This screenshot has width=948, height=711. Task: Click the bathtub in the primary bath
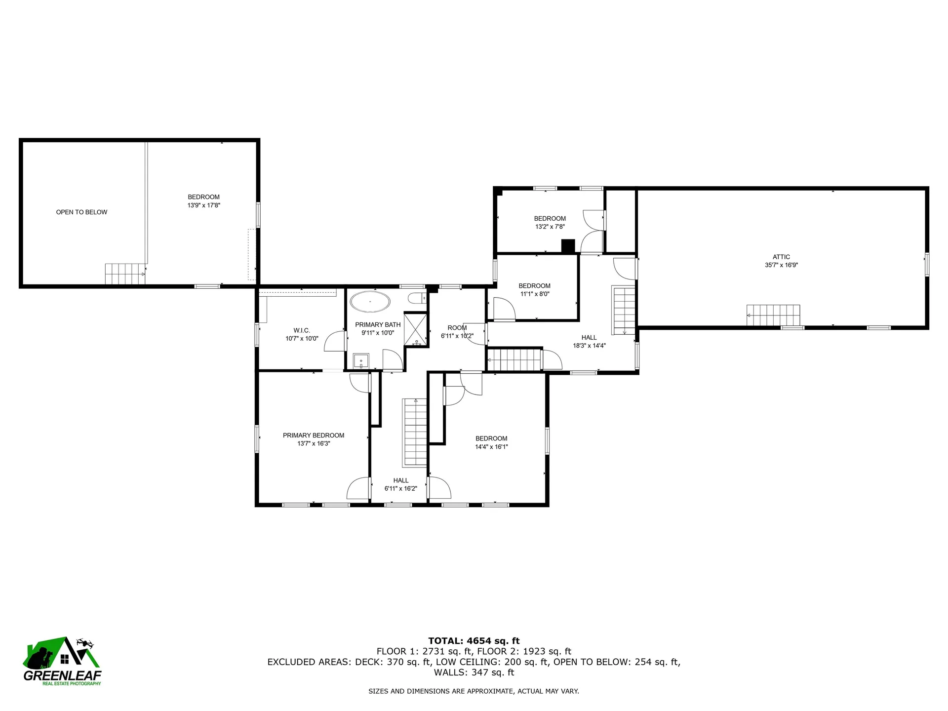[x=370, y=301]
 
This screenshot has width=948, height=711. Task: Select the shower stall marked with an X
[x=416, y=328]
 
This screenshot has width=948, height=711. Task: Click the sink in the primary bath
[x=361, y=361]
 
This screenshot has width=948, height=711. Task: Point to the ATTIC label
[x=781, y=257]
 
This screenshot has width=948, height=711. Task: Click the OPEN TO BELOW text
[x=81, y=212]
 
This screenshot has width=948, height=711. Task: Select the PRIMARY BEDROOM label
[x=314, y=435]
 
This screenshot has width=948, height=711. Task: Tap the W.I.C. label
[x=302, y=330]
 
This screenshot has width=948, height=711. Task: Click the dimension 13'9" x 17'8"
[x=203, y=205]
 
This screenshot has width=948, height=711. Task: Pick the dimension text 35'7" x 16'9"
[x=781, y=265]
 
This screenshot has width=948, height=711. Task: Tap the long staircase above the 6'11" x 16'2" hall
[x=415, y=432]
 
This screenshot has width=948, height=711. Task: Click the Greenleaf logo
[x=62, y=661]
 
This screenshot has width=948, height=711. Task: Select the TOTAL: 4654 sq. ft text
[x=474, y=641]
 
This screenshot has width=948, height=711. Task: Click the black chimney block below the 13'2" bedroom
[x=568, y=246]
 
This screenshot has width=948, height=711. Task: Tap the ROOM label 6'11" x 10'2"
[x=457, y=328]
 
